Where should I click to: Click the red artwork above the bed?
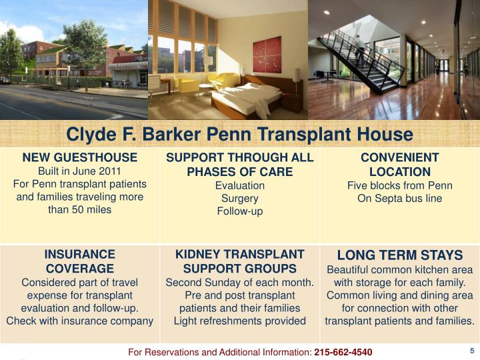pyautogui.click(x=267, y=55)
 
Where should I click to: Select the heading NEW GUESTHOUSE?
pyautogui.click(x=80, y=157)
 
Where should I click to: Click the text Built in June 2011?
pyautogui.click(x=80, y=171)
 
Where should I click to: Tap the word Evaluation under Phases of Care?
pyautogui.click(x=239, y=185)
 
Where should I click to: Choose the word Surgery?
pyautogui.click(x=239, y=198)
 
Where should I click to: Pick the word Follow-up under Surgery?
pyautogui.click(x=239, y=211)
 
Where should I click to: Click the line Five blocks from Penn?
pyautogui.click(x=399, y=185)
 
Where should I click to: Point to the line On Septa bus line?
pyautogui.click(x=399, y=198)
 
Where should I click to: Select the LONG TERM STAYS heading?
pyautogui.click(x=399, y=255)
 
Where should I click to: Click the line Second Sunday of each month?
pyautogui.click(x=239, y=282)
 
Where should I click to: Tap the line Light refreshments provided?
pyautogui.click(x=239, y=321)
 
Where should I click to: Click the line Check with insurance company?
pyautogui.click(x=80, y=321)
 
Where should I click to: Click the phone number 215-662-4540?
pyautogui.click(x=343, y=352)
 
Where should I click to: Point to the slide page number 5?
pyautogui.click(x=471, y=351)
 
